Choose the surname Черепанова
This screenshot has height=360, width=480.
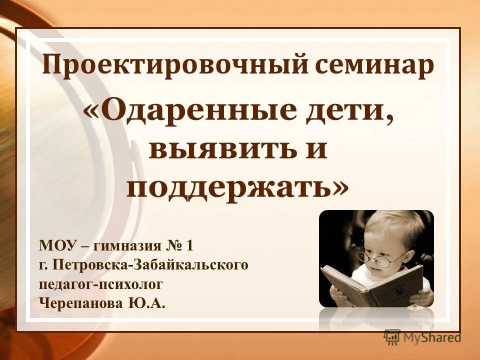coord(79,303)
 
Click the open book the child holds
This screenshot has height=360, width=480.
coord(370,285)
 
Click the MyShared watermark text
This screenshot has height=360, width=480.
coord(432,337)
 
